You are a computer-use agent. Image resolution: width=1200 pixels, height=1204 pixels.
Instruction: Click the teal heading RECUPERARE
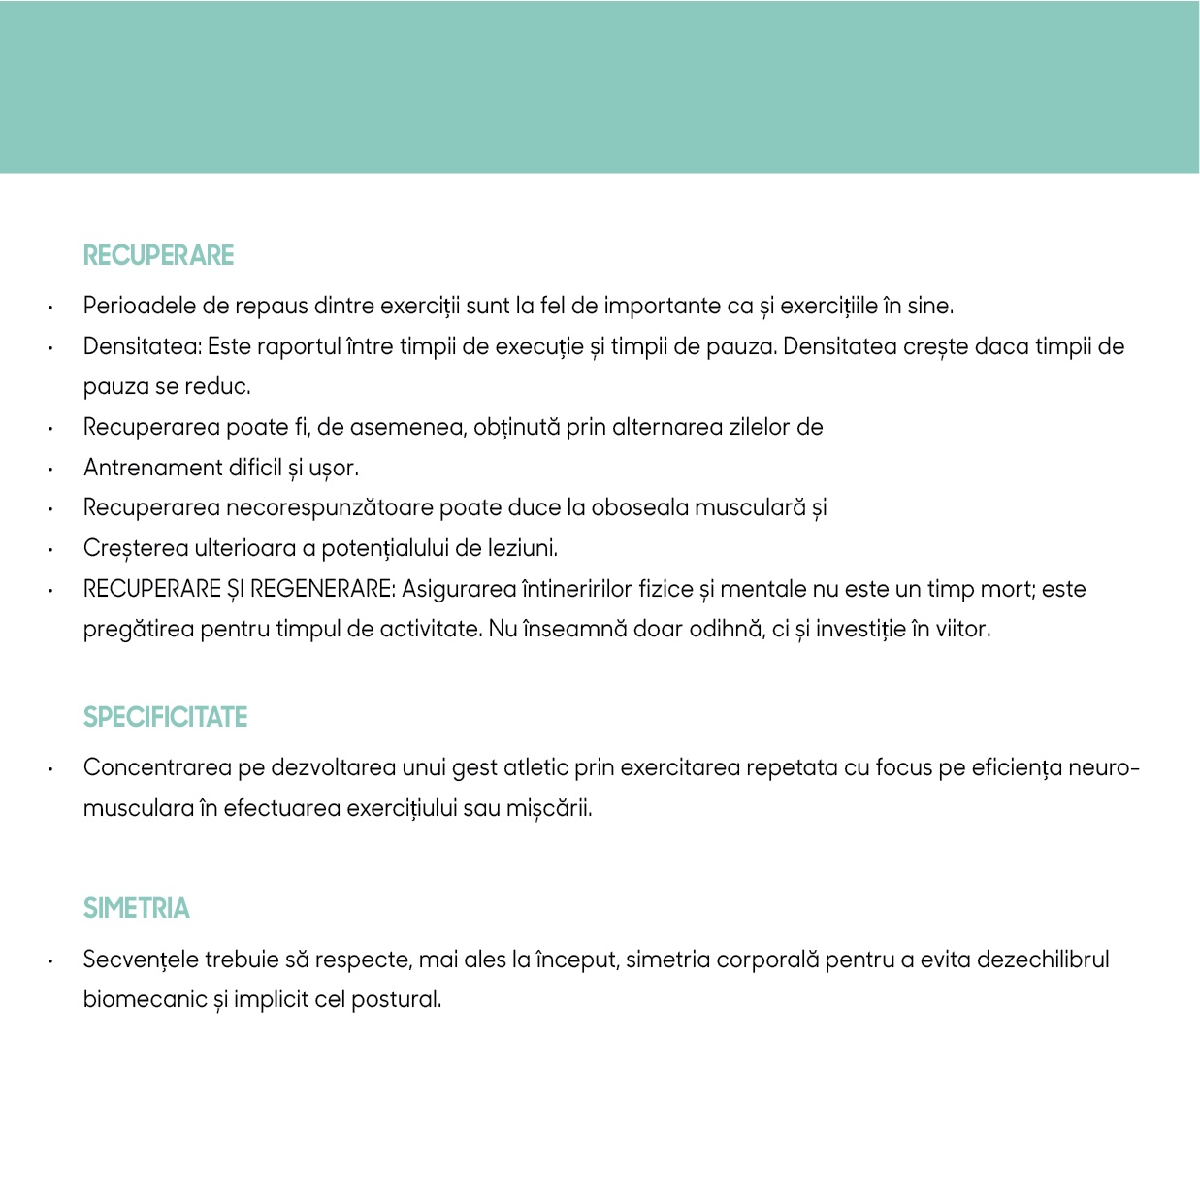(158, 255)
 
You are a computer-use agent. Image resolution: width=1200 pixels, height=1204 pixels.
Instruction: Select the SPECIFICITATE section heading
(165, 717)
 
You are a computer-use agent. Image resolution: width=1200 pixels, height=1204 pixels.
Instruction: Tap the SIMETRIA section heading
(136, 908)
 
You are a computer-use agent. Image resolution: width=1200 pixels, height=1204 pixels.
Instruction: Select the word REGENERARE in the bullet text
(322, 589)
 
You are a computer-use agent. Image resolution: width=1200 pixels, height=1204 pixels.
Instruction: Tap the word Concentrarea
(157, 767)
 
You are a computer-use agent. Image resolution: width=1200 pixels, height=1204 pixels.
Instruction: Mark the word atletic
(535, 767)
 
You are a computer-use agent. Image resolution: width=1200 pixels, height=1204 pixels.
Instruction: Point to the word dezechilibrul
(1043, 960)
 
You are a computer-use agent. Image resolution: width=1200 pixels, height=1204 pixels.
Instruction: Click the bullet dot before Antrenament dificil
(49, 469)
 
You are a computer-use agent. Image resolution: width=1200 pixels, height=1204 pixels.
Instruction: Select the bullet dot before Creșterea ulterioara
(49, 549)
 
